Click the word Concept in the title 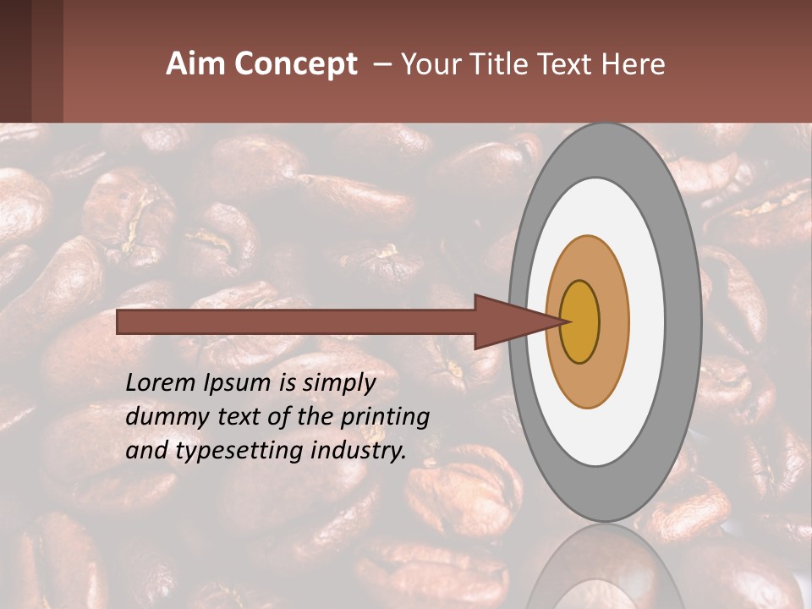tap(295, 64)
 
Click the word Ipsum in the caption tap(238, 384)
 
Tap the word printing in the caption tap(385, 418)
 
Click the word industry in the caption tap(354, 451)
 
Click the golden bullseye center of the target tap(579, 321)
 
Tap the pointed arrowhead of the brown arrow tap(517, 321)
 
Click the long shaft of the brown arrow tap(296, 321)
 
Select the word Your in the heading tap(430, 64)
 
